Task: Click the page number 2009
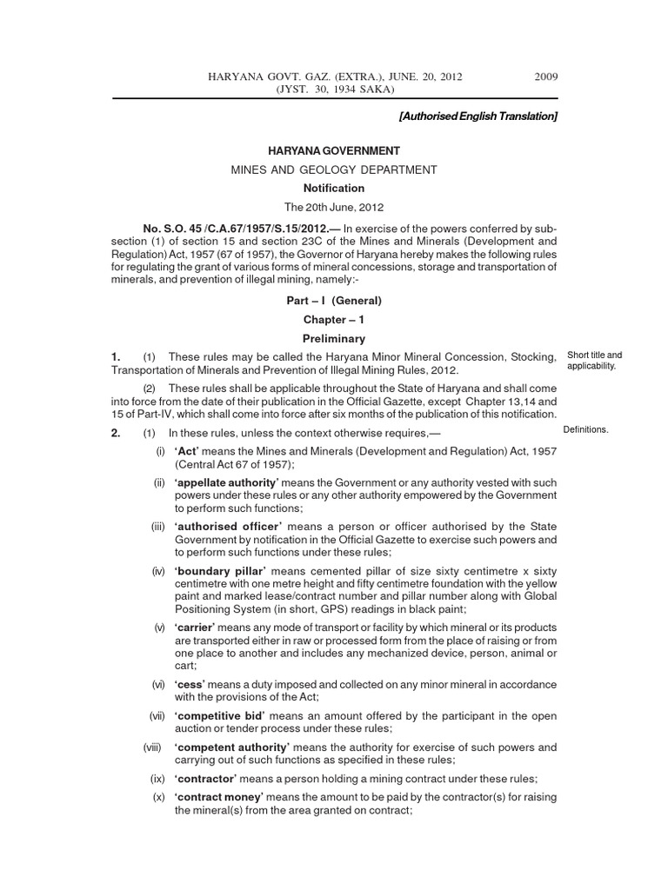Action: point(545,76)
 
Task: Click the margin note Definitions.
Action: point(587,429)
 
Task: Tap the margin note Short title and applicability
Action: point(594,361)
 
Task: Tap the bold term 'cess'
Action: point(190,685)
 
